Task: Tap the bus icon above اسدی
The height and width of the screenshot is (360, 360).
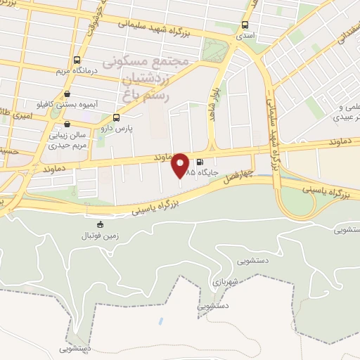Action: (x=245, y=22)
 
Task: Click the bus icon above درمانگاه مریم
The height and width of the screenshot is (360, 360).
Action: (x=77, y=60)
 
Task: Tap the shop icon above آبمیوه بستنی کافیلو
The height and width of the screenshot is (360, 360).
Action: (x=67, y=93)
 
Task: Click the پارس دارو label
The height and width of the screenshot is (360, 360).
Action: (x=116, y=129)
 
